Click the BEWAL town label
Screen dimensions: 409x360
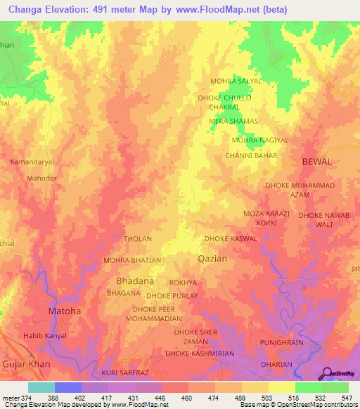point(316,162)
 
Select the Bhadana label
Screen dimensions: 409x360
point(130,280)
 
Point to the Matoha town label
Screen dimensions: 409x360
point(63,311)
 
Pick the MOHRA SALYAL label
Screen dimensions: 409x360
point(236,81)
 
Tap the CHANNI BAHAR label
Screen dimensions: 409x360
point(247,155)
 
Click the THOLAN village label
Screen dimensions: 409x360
point(138,239)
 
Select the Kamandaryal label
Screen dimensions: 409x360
point(32,162)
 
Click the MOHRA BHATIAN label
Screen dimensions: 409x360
point(133,260)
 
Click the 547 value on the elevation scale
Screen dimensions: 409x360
point(346,398)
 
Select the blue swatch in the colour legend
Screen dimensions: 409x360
point(68,387)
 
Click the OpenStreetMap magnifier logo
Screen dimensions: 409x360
point(327,373)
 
